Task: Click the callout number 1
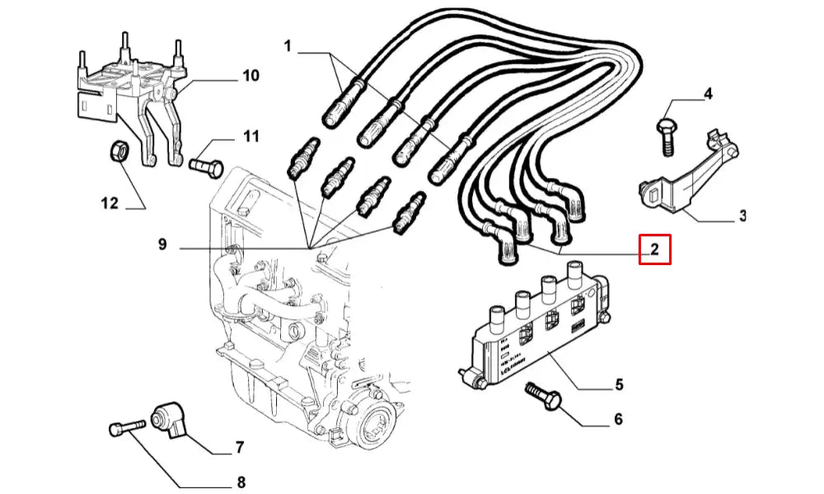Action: point(288,46)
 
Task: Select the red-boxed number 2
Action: point(655,249)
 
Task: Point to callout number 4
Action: point(707,95)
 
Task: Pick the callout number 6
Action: point(618,420)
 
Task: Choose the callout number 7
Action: point(239,448)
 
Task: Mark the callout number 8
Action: point(241,482)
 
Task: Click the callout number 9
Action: point(162,245)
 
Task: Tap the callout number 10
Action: point(250,76)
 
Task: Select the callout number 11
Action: point(250,136)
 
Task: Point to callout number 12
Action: point(110,203)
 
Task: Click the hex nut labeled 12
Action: point(118,151)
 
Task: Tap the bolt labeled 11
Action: point(206,166)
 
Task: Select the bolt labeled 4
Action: point(665,136)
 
